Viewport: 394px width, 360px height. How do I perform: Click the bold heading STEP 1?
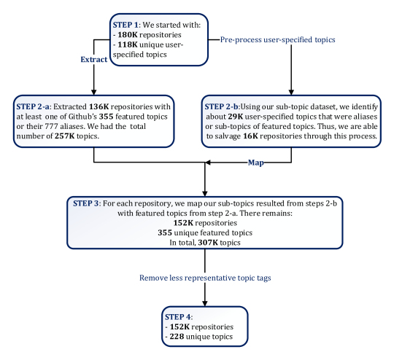click(x=125, y=25)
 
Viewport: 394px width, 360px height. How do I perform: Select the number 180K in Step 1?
click(x=128, y=35)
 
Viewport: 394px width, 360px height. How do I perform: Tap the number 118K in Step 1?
click(x=128, y=44)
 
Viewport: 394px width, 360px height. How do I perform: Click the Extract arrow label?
click(x=93, y=60)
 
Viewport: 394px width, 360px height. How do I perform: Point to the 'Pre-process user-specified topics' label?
click(x=278, y=39)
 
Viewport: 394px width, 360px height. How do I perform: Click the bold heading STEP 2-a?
click(x=33, y=106)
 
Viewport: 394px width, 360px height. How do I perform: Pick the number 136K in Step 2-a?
click(x=99, y=106)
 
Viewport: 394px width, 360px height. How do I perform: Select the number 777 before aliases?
click(x=52, y=126)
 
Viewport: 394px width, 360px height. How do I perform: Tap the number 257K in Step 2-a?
click(x=65, y=136)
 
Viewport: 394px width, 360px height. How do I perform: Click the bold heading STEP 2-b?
click(x=221, y=106)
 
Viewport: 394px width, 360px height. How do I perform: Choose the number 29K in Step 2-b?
click(x=236, y=117)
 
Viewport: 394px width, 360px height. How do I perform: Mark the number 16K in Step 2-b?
click(x=250, y=136)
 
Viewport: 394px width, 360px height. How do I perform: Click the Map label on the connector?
click(x=256, y=163)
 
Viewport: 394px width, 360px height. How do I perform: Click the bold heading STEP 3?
click(x=87, y=203)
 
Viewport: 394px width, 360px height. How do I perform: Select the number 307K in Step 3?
click(x=208, y=243)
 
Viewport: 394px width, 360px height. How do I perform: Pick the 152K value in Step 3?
click(x=183, y=223)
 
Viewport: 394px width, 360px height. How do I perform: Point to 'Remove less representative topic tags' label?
click(x=205, y=278)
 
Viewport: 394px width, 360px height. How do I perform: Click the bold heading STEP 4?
click(x=178, y=317)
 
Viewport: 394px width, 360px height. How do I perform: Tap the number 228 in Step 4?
click(x=177, y=337)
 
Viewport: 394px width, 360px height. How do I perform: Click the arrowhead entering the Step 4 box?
click(x=205, y=303)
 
